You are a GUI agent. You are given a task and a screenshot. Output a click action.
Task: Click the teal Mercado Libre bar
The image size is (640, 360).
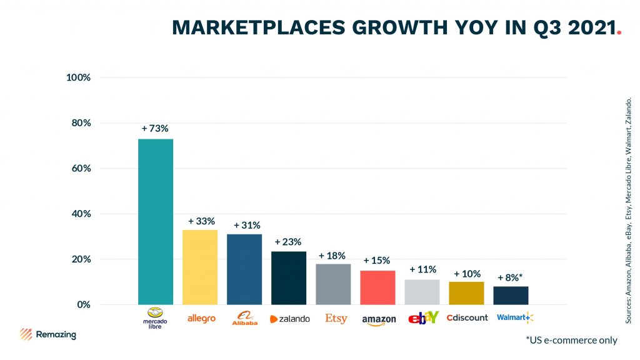point(155,222)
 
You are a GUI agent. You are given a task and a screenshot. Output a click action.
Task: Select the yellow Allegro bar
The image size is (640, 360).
point(200,267)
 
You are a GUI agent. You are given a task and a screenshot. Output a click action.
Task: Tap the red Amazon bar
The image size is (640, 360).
point(377,287)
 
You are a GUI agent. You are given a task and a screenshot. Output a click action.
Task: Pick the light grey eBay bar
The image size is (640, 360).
point(422,292)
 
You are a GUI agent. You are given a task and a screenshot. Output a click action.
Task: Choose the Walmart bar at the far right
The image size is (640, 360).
point(511,296)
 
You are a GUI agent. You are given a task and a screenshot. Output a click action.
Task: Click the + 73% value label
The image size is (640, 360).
point(155,128)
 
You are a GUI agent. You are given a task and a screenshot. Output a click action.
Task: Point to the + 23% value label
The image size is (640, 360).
point(288,242)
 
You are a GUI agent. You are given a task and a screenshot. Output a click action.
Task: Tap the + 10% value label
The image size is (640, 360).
point(466,274)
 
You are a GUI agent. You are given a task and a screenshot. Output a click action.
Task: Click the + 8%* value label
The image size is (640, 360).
point(510,277)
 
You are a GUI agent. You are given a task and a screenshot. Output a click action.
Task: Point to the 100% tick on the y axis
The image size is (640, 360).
point(79,77)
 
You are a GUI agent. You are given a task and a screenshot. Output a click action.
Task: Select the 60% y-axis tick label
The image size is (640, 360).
point(80,169)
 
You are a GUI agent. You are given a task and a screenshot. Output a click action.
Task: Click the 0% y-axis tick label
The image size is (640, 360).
point(82,305)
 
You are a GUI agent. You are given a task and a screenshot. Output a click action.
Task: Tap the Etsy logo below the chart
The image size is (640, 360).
point(336,319)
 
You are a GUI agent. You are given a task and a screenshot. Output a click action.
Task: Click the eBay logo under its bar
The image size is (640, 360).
point(423,318)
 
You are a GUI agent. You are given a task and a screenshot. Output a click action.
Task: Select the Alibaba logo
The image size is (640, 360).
point(244,318)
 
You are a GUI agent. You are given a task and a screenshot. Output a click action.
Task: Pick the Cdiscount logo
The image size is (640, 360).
point(467,317)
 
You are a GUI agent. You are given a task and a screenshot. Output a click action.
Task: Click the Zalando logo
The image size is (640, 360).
point(289,319)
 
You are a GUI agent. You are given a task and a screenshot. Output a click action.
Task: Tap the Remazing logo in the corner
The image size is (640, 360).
point(47,334)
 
